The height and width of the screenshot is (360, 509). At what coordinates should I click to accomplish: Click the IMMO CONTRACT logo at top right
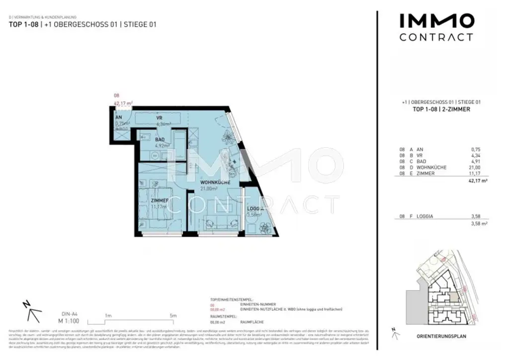pos(436,27)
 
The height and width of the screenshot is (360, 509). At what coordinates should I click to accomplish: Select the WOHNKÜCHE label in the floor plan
pos(214,182)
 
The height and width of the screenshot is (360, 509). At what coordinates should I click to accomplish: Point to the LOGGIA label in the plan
pos(255,209)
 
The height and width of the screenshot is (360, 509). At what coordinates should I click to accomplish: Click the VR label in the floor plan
pos(160,118)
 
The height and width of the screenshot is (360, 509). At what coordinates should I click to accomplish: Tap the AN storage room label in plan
pos(119,118)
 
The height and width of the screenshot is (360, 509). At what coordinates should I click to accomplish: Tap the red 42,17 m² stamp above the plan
pos(122,103)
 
